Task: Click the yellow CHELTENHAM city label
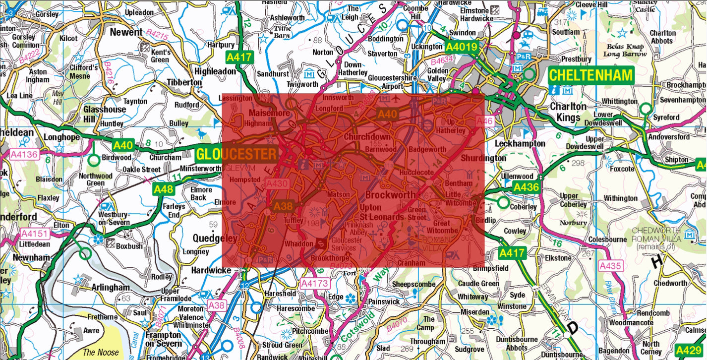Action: tap(591, 76)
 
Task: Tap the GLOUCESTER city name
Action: tap(236, 154)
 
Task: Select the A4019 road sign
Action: tap(461, 48)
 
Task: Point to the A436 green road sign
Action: tap(526, 187)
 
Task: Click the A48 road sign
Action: tap(163, 189)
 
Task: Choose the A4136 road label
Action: tap(24, 154)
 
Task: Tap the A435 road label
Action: tap(610, 266)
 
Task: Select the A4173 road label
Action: tap(314, 284)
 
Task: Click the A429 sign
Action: tap(689, 351)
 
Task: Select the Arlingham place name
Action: tap(110, 288)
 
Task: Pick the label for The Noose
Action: tap(101, 353)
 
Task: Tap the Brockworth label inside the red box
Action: tap(390, 195)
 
